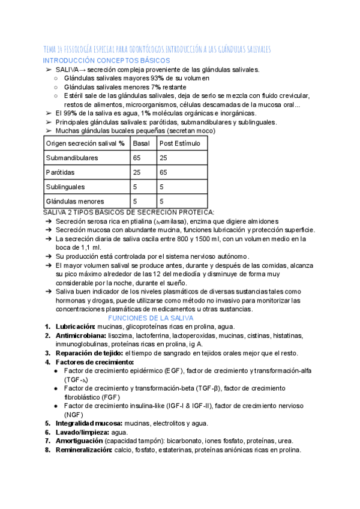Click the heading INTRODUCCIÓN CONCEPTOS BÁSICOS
(106, 61)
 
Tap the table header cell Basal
(142, 143)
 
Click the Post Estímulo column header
(179, 143)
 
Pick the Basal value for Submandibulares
(137, 158)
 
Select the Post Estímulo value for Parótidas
(163, 172)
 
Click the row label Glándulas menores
(75, 202)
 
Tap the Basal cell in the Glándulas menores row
(136, 202)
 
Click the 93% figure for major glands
(158, 78)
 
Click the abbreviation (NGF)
(74, 414)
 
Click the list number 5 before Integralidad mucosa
(47, 423)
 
